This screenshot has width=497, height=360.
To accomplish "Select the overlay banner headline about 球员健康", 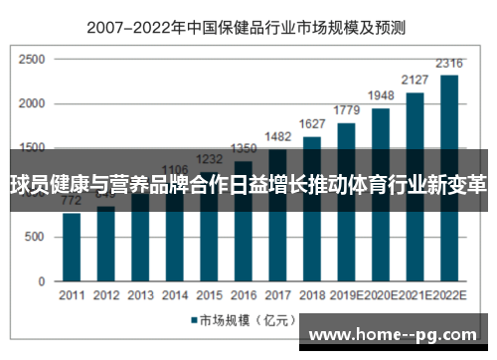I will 248,183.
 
